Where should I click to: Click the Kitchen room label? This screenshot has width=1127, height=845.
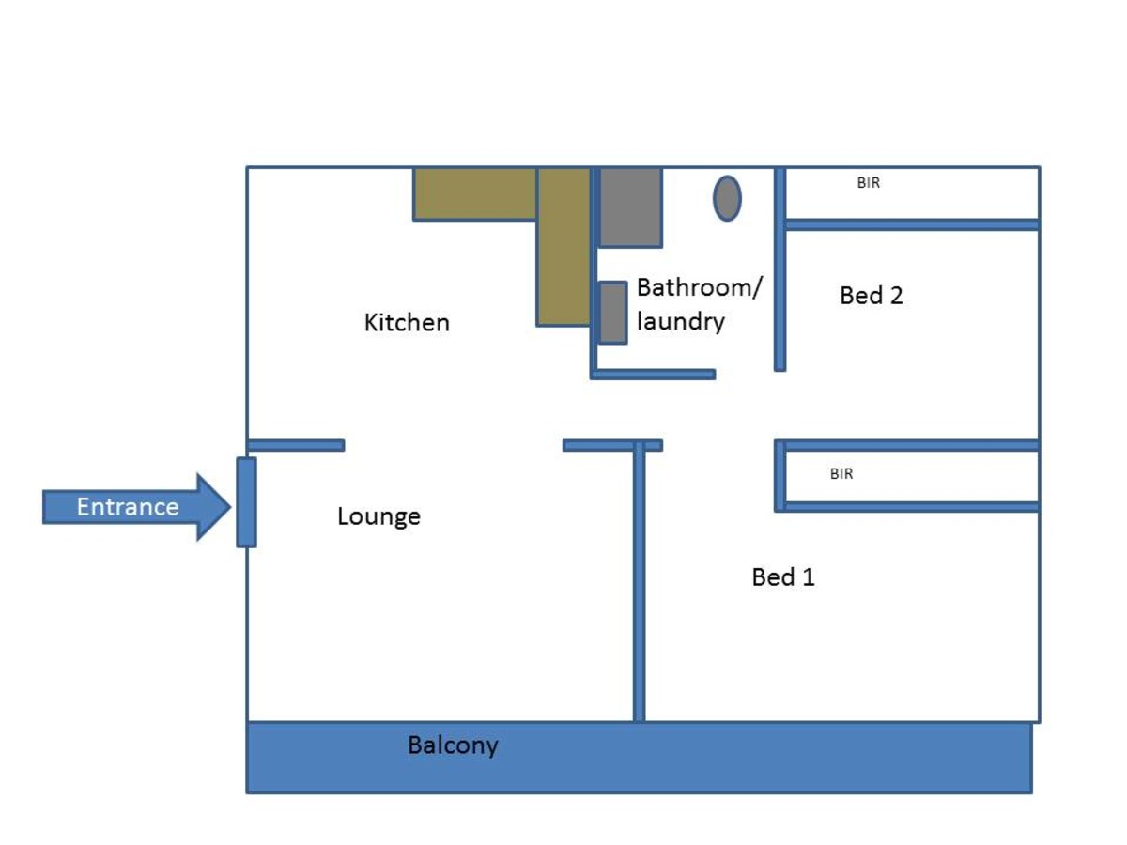click(407, 323)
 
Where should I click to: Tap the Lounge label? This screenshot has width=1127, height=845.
click(378, 516)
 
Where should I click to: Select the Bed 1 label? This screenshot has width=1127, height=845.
click(783, 577)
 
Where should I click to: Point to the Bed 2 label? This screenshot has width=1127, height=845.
click(871, 295)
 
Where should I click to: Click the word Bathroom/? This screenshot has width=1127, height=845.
click(700, 287)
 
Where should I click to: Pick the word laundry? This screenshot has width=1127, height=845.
click(680, 322)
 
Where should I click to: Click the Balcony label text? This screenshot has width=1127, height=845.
click(453, 745)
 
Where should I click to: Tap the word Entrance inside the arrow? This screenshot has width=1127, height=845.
click(128, 507)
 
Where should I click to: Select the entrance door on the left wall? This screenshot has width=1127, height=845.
click(246, 502)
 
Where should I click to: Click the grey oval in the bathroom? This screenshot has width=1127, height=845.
click(727, 198)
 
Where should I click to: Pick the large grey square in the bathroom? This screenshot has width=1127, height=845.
click(630, 207)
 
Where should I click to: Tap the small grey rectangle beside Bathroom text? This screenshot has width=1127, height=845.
click(613, 313)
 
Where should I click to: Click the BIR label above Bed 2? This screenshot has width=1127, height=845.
click(868, 183)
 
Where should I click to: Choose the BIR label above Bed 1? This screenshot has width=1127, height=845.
click(841, 473)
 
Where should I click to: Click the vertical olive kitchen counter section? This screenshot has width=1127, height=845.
click(563, 246)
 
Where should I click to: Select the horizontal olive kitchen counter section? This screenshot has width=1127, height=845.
click(475, 194)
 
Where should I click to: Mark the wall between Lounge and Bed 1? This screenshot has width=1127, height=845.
click(639, 582)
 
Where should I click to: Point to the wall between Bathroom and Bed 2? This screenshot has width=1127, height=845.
click(780, 269)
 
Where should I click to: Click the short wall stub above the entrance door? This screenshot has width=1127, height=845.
click(296, 445)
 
